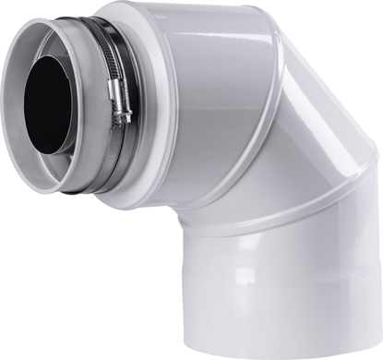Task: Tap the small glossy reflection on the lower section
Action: click(x=231, y=305)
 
